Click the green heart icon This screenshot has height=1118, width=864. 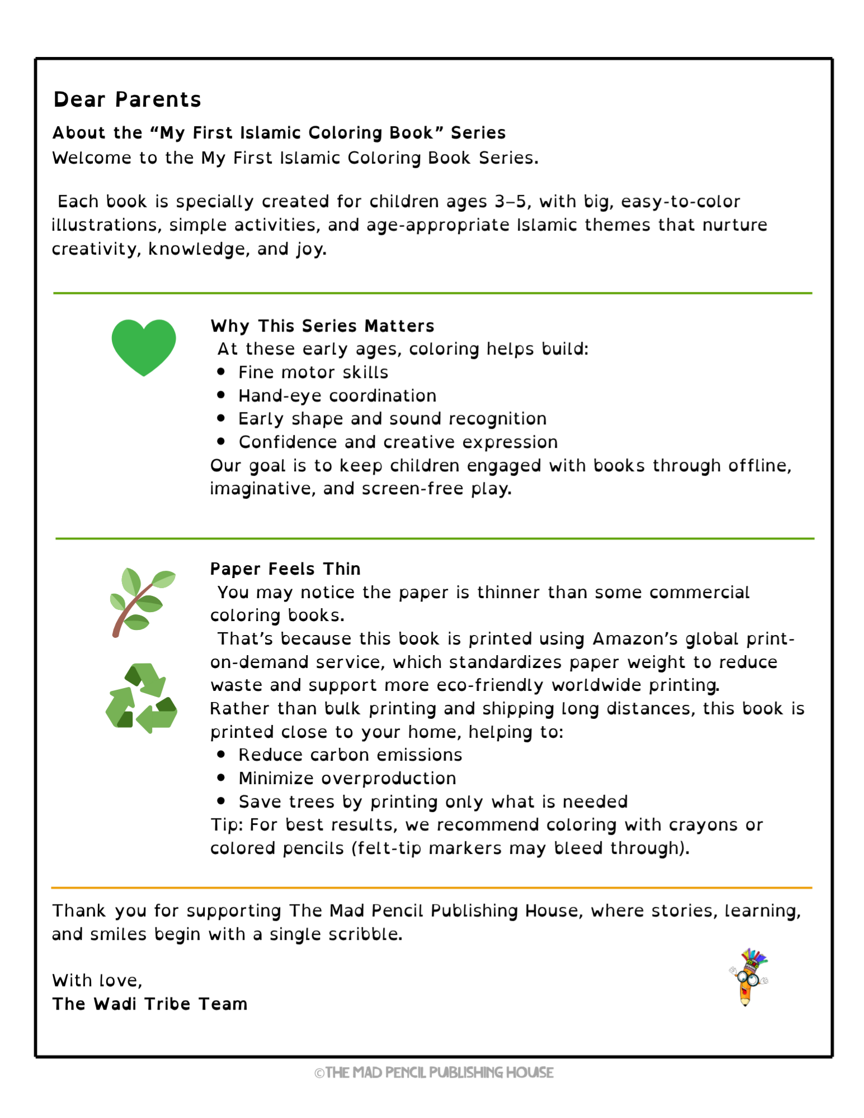(x=144, y=347)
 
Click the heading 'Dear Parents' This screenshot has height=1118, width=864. (x=127, y=100)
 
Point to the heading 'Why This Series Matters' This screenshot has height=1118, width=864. (x=322, y=326)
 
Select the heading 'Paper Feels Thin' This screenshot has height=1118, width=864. (x=285, y=569)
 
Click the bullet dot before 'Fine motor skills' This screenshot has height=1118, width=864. (x=221, y=372)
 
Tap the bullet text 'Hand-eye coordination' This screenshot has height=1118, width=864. (x=337, y=396)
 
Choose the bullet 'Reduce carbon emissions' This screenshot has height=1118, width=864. (x=350, y=755)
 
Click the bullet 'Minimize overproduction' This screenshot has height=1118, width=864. (x=347, y=779)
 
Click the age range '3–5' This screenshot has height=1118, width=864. (x=511, y=201)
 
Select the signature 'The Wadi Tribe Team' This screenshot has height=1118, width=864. (x=149, y=1005)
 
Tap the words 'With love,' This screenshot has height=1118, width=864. (x=97, y=980)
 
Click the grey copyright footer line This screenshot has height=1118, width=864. (x=433, y=1072)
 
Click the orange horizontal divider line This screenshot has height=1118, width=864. (x=431, y=888)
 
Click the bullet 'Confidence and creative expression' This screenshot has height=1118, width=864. (x=398, y=442)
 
